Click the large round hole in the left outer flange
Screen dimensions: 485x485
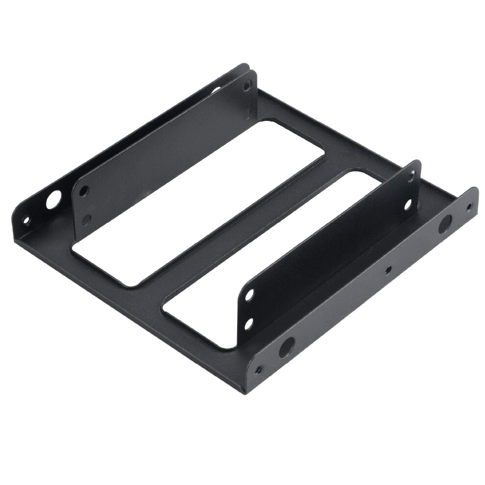click(53, 199)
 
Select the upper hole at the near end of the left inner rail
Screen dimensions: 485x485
click(84, 190)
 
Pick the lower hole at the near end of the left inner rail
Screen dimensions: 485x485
click(86, 219)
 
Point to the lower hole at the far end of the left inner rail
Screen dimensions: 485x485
click(248, 112)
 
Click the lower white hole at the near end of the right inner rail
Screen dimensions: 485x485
click(249, 323)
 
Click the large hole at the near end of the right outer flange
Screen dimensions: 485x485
click(287, 347)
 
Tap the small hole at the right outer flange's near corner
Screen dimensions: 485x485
click(258, 370)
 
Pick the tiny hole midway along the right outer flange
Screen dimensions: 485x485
click(388, 270)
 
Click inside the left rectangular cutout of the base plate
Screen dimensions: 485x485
click(196, 201)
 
